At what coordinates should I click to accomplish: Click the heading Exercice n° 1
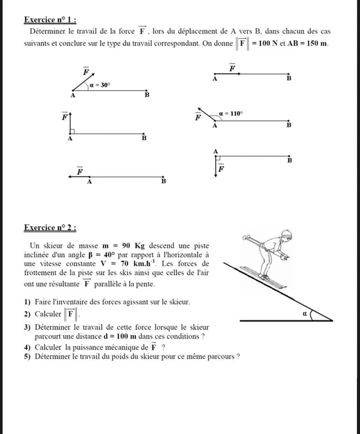tap(50, 20)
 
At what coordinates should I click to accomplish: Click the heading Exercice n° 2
tap(50, 228)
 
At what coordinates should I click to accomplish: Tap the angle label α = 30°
tap(99, 85)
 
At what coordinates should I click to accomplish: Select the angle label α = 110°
tap(230, 113)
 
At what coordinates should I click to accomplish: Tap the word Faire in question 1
tap(44, 302)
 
